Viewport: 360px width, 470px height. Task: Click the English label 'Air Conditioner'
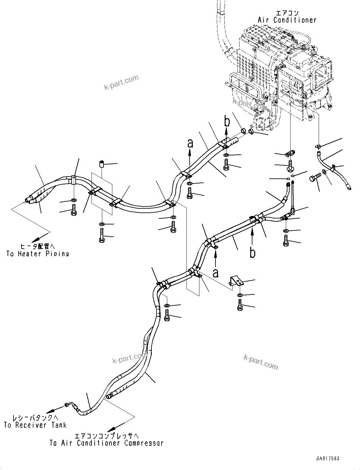(287, 20)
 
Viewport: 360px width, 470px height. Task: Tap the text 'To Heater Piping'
(38, 253)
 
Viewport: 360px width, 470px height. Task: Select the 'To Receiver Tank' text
(35, 425)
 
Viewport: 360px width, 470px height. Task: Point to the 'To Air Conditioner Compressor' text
(106, 443)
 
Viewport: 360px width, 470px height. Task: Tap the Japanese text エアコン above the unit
(286, 13)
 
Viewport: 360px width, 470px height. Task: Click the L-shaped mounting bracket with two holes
(235, 281)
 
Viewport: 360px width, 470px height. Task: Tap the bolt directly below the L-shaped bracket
(240, 305)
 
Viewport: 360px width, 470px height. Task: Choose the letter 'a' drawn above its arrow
(190, 144)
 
